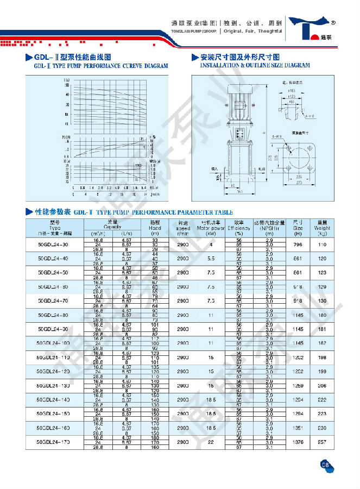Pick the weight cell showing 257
323,442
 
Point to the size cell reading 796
298,244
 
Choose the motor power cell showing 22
210,442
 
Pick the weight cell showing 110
323,244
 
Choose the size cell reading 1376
298,442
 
